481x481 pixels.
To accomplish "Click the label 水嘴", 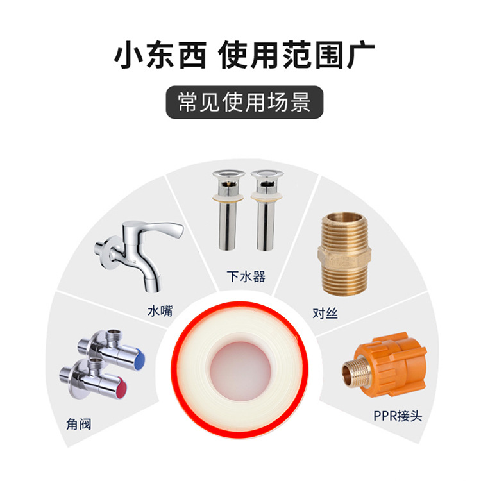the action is (x=160, y=311).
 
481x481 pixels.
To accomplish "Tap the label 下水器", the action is (x=246, y=276).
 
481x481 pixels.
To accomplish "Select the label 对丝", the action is (x=325, y=313).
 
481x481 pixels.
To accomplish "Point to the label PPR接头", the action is (x=398, y=416).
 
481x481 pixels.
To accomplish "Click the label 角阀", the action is (x=79, y=425).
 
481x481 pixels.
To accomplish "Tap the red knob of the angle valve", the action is (x=121, y=387).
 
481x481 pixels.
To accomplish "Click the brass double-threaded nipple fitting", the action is (x=345, y=254).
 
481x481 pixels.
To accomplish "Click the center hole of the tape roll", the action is (x=240, y=371).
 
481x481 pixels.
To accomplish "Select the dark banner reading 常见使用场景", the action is (x=244, y=102).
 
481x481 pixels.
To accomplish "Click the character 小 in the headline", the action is (x=127, y=55).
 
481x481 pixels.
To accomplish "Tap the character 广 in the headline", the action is (x=360, y=55).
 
